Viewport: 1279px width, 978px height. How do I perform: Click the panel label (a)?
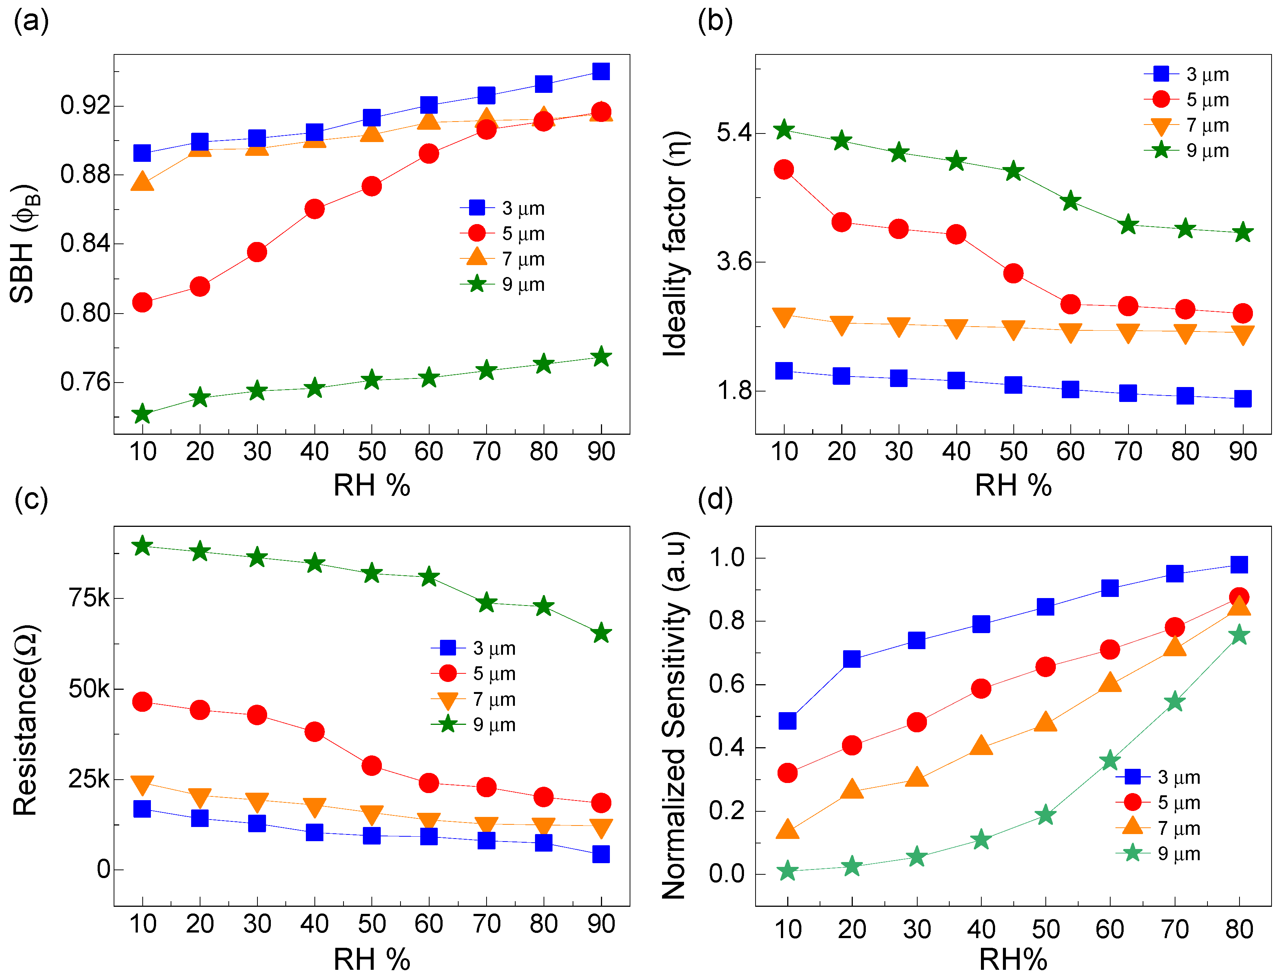31,22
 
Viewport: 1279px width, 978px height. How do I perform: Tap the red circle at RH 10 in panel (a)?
142,302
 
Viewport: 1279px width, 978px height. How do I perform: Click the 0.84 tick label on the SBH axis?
85,243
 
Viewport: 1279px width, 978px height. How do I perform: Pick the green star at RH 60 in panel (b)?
1070,201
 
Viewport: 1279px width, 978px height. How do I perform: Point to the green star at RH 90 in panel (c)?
601,633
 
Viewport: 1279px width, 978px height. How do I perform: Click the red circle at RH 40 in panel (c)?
314,732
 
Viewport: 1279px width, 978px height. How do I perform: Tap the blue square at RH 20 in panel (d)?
852,659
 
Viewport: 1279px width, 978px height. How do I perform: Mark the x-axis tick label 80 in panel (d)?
1239,929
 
